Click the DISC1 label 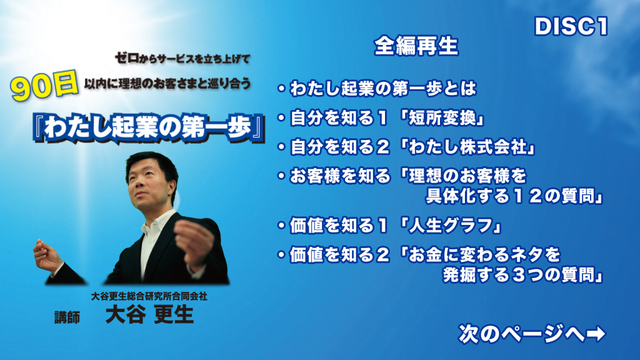coord(571,26)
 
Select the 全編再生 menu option coord(416,46)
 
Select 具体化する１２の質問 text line coord(515,196)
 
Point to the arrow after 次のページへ coord(596,334)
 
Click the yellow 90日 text coord(44,86)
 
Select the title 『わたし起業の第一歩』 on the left coord(149,127)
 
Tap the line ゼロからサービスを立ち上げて coord(182,59)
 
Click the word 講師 coord(67,317)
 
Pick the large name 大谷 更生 coord(149,315)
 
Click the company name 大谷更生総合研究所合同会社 coord(149,296)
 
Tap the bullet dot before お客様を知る coord(281,176)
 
